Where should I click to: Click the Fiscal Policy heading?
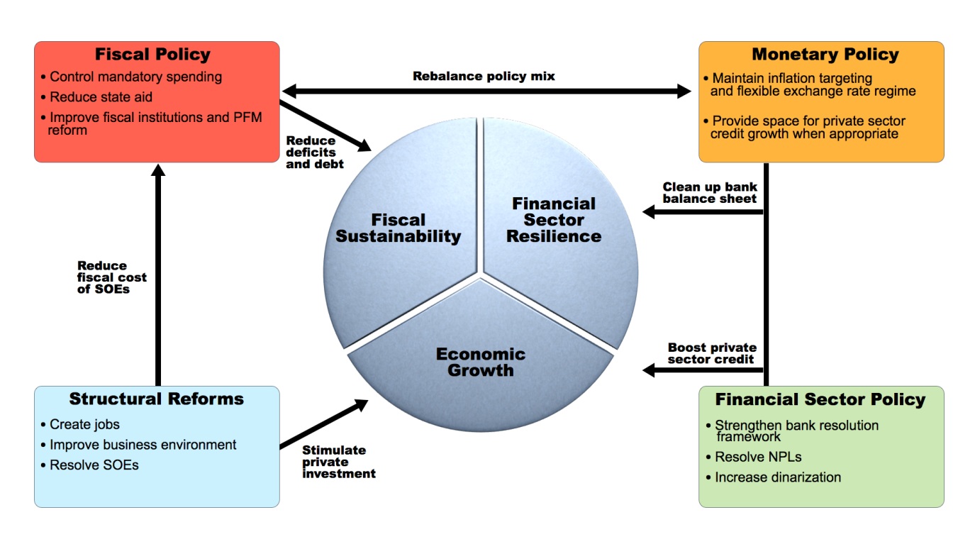pyautogui.click(x=152, y=55)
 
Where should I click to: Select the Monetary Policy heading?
pyautogui.click(x=825, y=55)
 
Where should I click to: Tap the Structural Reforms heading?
pyautogui.click(x=156, y=399)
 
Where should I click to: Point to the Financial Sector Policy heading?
pyautogui.click(x=820, y=400)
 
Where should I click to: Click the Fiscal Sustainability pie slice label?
pyautogui.click(x=398, y=228)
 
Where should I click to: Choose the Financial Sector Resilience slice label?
pyautogui.click(x=554, y=220)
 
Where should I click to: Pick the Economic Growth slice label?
pyautogui.click(x=480, y=362)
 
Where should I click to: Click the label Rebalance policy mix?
pyautogui.click(x=484, y=76)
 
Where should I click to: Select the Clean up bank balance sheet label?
pyautogui.click(x=710, y=193)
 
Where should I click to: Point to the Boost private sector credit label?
pyautogui.click(x=712, y=353)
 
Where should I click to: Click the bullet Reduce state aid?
pyautogui.click(x=101, y=97)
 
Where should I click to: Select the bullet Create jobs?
pyautogui.click(x=84, y=425)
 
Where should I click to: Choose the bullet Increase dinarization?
pyautogui.click(x=777, y=477)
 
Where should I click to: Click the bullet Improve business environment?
pyautogui.click(x=143, y=445)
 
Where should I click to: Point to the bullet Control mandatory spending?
pyautogui.click(x=135, y=77)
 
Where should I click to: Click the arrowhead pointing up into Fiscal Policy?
pyautogui.click(x=158, y=172)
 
